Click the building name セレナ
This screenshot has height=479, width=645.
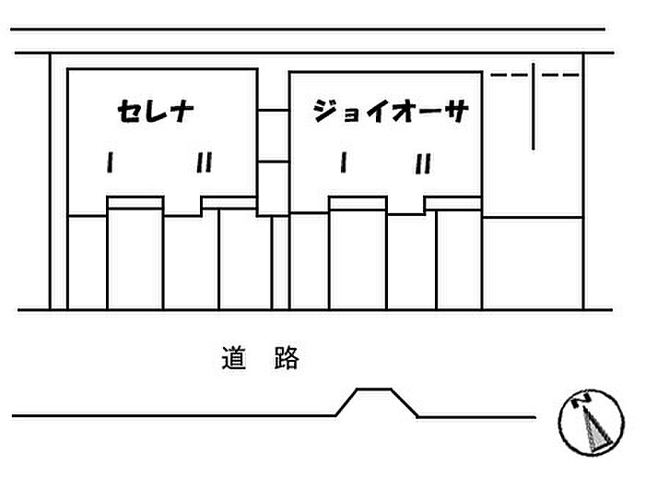(x=156, y=111)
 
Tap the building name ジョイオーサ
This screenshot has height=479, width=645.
(x=391, y=111)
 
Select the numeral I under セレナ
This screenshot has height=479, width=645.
(x=110, y=162)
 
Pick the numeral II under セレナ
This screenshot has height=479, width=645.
(x=204, y=162)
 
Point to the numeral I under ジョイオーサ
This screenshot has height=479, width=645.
(x=344, y=162)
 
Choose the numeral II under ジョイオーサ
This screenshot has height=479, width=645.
(x=423, y=163)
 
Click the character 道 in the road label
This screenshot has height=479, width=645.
(x=234, y=358)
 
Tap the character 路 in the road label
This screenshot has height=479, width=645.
(x=287, y=358)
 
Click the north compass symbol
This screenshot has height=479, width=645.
(x=592, y=423)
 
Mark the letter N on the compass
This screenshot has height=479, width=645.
(x=580, y=400)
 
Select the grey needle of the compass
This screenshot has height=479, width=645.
(x=595, y=428)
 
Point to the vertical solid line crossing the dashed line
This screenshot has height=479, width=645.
(x=534, y=106)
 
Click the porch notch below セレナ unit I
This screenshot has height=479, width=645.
(x=135, y=203)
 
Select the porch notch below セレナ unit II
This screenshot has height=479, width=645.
(x=229, y=203)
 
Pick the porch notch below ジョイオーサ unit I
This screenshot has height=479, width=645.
(x=358, y=203)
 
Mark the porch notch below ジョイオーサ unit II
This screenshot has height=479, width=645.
(x=453, y=203)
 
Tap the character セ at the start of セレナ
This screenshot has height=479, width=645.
(x=129, y=112)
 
